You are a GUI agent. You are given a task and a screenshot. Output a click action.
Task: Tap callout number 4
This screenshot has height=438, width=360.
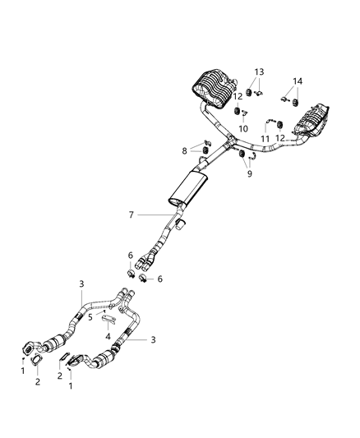tap(108, 335)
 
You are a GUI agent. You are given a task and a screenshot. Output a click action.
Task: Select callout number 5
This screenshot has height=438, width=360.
tap(90, 316)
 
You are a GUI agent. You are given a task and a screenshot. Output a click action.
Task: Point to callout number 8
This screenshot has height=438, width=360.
tap(184, 150)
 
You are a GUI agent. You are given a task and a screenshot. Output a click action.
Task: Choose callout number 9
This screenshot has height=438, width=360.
tap(249, 175)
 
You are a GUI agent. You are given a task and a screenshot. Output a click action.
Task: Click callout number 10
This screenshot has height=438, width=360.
tap(243, 129)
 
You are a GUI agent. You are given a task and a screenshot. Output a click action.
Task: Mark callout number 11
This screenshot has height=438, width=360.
tap(265, 138)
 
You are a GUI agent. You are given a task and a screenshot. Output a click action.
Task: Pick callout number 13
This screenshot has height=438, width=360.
tap(259, 72)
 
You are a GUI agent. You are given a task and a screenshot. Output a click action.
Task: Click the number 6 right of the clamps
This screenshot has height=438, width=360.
tap(159, 279)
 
